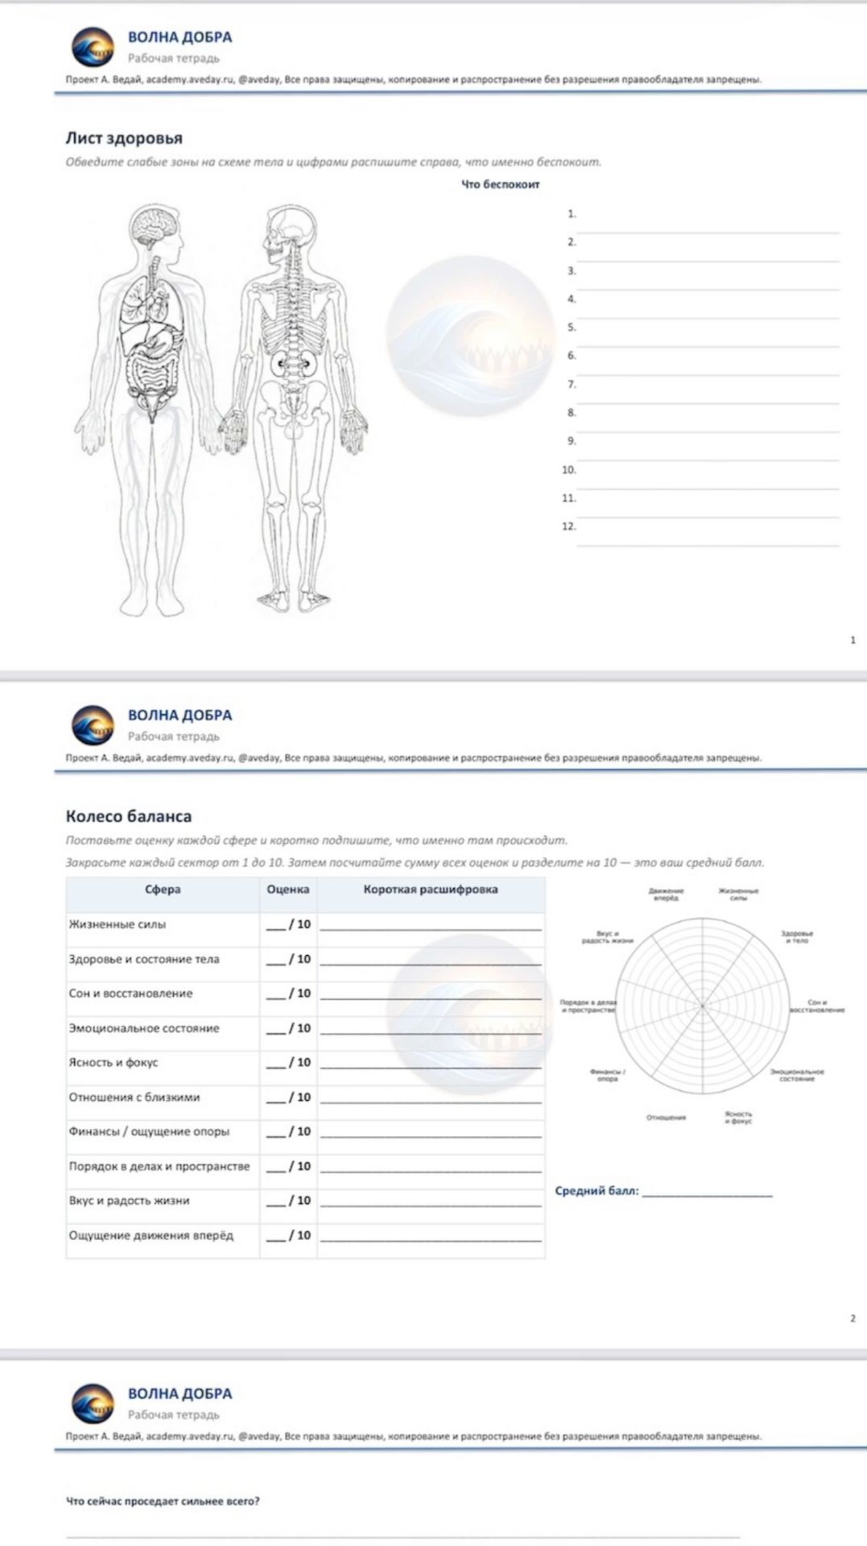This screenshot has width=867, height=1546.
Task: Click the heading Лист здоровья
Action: (124, 138)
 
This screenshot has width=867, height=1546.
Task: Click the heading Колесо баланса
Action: (129, 816)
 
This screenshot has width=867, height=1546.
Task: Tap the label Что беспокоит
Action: (500, 184)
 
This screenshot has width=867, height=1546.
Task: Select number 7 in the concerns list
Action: (572, 384)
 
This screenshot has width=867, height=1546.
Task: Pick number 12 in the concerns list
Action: (569, 527)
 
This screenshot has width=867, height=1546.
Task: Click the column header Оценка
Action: (287, 890)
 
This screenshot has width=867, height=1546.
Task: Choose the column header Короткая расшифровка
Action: (430, 890)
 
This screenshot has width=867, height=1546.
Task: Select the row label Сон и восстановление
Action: (130, 994)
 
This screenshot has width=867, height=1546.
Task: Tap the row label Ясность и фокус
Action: (114, 1063)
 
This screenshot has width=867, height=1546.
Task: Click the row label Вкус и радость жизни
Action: (129, 1201)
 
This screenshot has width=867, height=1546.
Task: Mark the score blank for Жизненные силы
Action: (276, 925)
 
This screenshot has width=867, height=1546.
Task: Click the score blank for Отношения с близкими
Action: (276, 1097)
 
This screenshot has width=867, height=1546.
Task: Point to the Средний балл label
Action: (597, 1191)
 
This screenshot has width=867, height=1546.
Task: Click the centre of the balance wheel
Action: (702, 1005)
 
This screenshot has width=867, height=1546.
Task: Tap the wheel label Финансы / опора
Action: (608, 1075)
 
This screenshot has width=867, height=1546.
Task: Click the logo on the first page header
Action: (93, 48)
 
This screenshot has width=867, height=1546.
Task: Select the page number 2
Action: (853, 1318)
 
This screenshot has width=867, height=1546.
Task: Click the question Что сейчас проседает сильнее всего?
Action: (163, 1501)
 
